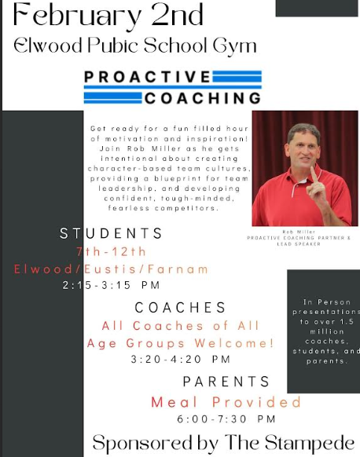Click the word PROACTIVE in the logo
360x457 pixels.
click(x=147, y=77)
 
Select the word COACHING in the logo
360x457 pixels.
click(x=201, y=98)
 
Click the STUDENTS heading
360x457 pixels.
click(x=112, y=233)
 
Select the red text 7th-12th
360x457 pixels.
click(x=111, y=251)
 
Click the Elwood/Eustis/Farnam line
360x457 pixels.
click(x=111, y=269)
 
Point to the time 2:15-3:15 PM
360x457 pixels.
click(x=111, y=286)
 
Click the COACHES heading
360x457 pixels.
click(x=180, y=308)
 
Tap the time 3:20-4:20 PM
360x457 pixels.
click(x=181, y=360)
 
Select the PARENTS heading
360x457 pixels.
click(x=226, y=382)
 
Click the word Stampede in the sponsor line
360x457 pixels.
click(x=310, y=443)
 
